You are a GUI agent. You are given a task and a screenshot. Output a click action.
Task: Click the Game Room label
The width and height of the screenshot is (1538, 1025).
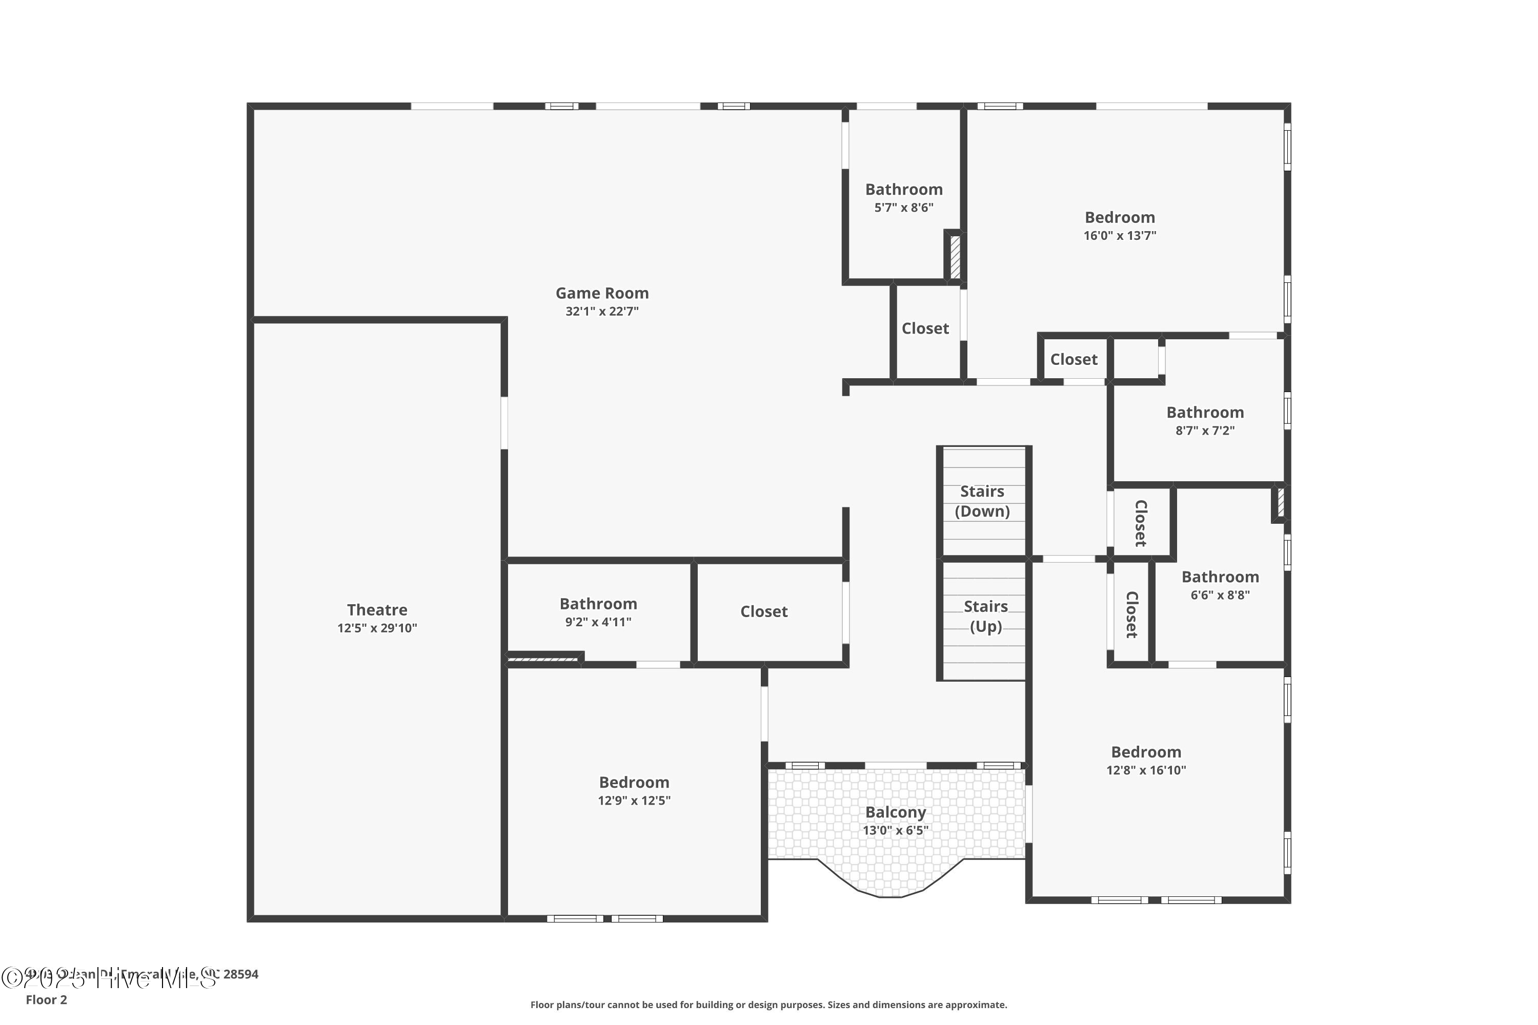(x=601, y=294)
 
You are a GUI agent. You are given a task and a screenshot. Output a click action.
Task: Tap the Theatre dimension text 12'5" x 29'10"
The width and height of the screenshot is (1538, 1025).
(x=377, y=628)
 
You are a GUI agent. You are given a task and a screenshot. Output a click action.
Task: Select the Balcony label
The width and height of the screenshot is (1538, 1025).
(x=895, y=812)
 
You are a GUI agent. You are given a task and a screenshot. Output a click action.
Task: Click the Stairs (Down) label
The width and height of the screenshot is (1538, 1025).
(x=982, y=501)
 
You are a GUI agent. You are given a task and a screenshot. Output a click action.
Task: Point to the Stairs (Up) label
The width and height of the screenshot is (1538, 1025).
(x=985, y=617)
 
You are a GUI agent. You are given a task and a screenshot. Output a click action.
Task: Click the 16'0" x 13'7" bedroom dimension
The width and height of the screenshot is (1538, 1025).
(x=1120, y=236)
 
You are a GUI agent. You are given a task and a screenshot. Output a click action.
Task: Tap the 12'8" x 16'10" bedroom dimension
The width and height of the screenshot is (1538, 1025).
(x=1146, y=770)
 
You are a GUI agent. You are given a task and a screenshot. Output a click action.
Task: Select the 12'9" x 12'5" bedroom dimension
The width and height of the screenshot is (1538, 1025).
(x=634, y=801)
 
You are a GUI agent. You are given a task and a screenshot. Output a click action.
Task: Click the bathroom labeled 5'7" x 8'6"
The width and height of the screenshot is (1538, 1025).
(x=904, y=190)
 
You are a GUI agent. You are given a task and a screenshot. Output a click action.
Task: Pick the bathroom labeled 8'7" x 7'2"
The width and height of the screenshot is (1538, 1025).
(x=1204, y=413)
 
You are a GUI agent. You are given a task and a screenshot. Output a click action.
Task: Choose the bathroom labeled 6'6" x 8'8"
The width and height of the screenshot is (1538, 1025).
(x=1220, y=577)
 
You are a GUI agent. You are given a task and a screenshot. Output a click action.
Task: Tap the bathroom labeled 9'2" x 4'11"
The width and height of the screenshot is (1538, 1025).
(x=598, y=605)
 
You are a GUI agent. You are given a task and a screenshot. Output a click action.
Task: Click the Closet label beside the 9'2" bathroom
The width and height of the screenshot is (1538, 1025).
(x=763, y=612)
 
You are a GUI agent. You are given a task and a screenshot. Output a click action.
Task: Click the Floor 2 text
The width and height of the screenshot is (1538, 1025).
(x=47, y=999)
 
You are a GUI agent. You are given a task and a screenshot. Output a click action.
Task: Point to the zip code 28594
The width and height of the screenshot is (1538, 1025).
(x=240, y=974)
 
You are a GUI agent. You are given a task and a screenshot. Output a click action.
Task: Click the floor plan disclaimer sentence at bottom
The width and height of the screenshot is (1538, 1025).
(x=768, y=1004)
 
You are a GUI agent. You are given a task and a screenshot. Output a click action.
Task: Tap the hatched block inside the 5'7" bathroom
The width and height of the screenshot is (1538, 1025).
(x=955, y=257)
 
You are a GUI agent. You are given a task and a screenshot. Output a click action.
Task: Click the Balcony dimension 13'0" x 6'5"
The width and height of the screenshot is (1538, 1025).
(x=895, y=831)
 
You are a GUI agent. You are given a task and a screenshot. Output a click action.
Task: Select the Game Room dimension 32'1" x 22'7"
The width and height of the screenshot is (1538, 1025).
(x=601, y=312)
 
